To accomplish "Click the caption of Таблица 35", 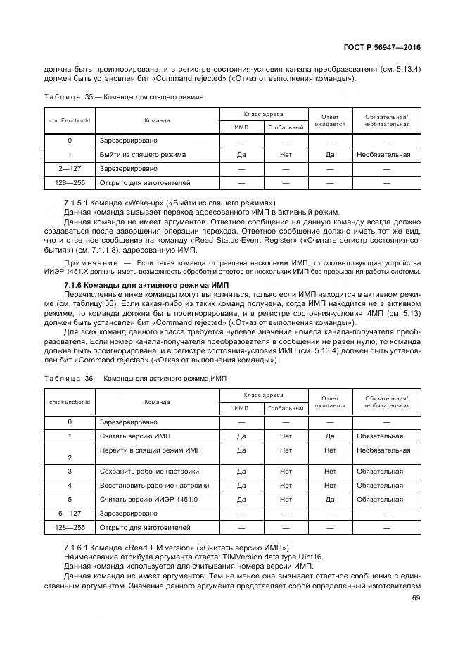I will [124, 96].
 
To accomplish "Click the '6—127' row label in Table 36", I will [70, 513].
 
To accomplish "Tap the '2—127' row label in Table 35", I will [70, 168].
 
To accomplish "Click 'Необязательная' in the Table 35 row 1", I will [383, 154].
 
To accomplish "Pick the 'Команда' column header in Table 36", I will [157, 402].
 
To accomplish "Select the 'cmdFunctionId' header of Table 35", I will [70, 120].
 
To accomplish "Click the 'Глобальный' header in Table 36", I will [286, 407].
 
